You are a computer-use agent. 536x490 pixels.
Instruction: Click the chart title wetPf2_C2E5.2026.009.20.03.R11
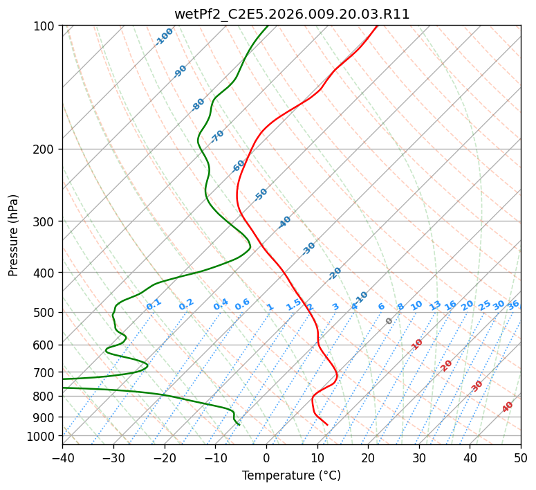click(x=292, y=15)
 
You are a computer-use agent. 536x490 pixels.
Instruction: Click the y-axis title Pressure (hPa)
click(x=13, y=235)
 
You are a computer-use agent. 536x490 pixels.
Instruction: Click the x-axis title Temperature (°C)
click(x=292, y=475)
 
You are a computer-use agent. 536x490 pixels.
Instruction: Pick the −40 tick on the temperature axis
click(x=62, y=457)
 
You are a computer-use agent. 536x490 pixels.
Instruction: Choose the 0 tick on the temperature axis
click(x=267, y=457)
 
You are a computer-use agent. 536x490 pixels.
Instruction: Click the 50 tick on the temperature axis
click(x=521, y=457)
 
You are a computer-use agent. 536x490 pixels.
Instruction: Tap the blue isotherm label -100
click(x=164, y=37)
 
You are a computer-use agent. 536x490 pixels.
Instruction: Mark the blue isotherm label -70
click(x=217, y=136)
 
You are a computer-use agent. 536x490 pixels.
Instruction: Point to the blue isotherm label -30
click(x=308, y=248)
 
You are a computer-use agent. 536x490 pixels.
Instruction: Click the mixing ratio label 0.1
click(x=154, y=305)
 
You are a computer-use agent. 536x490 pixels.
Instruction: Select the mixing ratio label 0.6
click(x=242, y=305)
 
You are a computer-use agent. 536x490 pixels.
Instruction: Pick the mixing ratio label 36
click(x=513, y=305)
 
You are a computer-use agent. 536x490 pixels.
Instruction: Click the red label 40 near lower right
click(x=507, y=407)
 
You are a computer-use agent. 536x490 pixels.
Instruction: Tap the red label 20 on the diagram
click(x=446, y=366)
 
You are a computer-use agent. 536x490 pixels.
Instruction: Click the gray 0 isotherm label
click(x=389, y=321)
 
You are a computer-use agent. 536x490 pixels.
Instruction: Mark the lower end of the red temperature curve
click(x=328, y=425)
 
